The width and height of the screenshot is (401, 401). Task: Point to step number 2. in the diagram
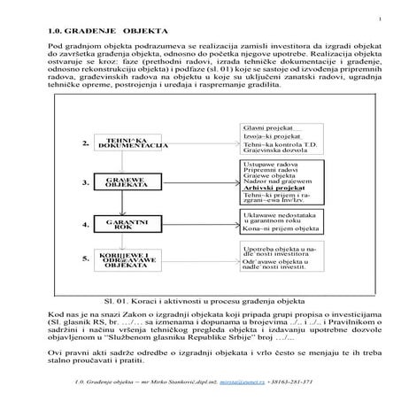(x=86, y=144)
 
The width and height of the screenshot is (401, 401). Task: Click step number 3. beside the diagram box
(x=86, y=183)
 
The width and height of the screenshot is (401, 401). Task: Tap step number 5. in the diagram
(x=86, y=259)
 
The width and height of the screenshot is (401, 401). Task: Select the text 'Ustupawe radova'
(x=269, y=164)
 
